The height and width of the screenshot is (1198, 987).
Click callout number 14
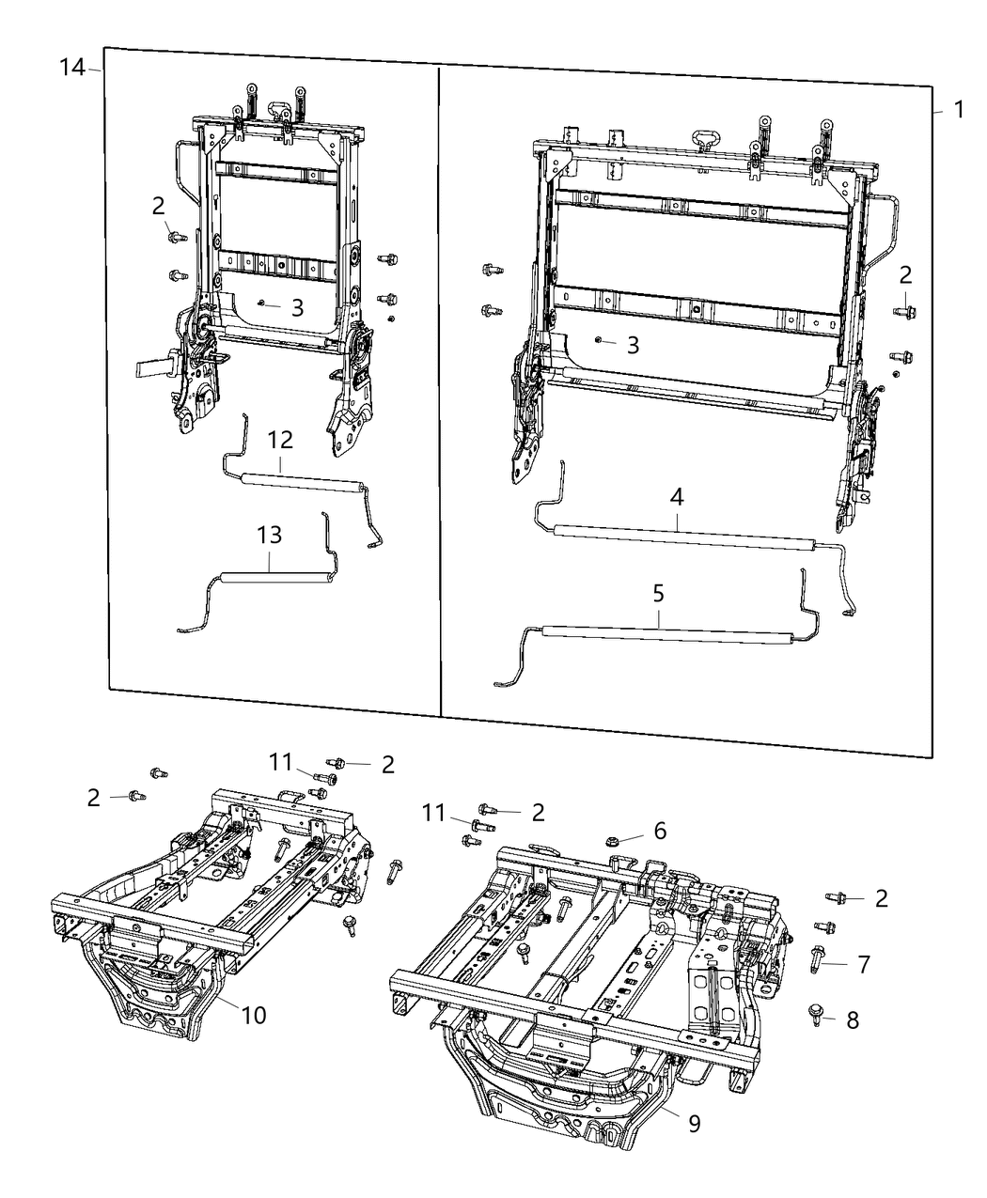pos(71,68)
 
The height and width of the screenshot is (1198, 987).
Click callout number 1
pos(958,110)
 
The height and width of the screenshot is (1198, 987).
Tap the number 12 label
pos(280,440)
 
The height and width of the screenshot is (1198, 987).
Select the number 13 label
pos(269,536)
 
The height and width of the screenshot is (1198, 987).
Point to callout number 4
pos(677,499)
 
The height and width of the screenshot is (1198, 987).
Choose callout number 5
pos(658,594)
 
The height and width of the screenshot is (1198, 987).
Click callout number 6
pos(660,831)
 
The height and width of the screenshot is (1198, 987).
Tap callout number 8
pos(853,1020)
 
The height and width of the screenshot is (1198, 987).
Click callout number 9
pos(694,1124)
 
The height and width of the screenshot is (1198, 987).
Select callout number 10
pos(255,1016)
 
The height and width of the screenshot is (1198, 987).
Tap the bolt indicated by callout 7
pos(817,960)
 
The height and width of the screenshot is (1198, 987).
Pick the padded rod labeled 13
pos(277,580)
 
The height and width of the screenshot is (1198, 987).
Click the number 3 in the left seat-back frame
pos(297,308)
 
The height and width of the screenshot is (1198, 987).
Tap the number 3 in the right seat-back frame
pos(633,345)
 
